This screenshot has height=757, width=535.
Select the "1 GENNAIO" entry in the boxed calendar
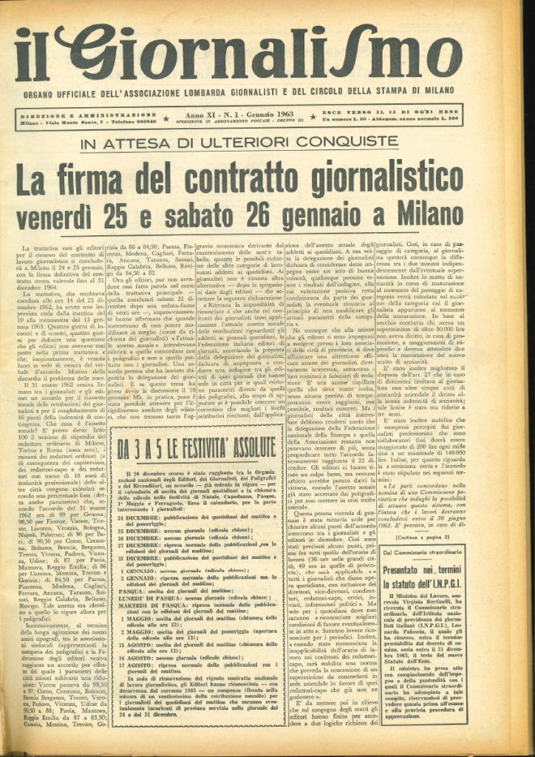pyautogui.click(x=137, y=570)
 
